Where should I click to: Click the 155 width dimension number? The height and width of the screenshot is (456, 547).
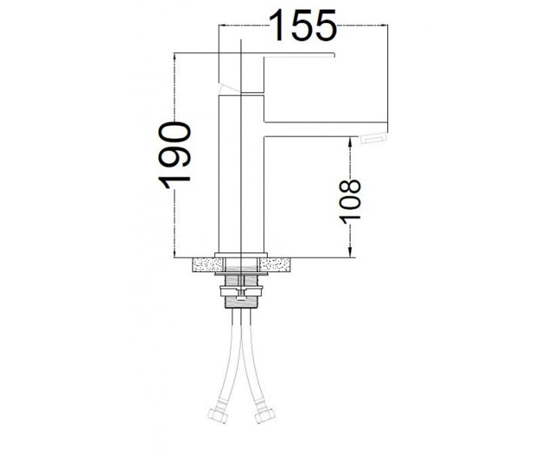coord(302,25)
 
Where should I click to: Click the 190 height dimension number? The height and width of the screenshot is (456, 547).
coord(174,155)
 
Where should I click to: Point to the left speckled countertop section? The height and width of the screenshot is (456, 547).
coord(207,264)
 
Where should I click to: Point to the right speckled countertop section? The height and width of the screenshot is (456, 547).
coord(275,264)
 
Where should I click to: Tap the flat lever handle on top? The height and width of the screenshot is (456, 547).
coord(299,55)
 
